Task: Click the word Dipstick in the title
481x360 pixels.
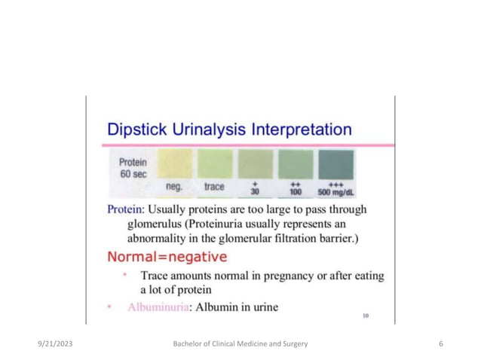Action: pyautogui.click(x=133, y=129)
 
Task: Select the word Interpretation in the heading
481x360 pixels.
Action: pyautogui.click(x=302, y=129)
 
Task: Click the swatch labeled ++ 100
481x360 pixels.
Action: pyautogui.click(x=296, y=164)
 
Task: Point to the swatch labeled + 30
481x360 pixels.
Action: pyautogui.click(x=255, y=164)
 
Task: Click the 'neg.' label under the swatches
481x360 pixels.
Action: pyautogui.click(x=175, y=186)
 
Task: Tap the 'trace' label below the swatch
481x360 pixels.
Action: pyautogui.click(x=214, y=186)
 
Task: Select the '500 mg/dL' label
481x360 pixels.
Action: pyautogui.click(x=337, y=191)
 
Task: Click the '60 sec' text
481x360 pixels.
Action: pyautogui.click(x=133, y=173)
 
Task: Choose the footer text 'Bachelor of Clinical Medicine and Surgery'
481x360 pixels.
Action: pyautogui.click(x=240, y=343)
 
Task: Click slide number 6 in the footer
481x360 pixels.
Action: pyautogui.click(x=440, y=343)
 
